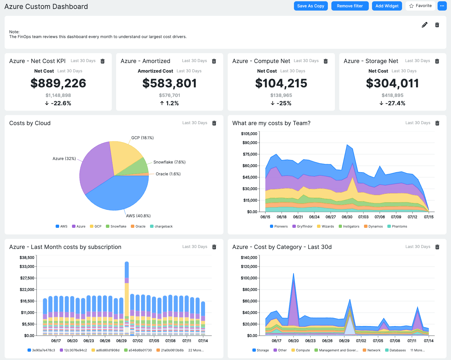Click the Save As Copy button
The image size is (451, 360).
point(311,6)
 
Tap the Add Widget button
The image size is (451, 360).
point(387,6)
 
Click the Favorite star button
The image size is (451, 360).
point(420,6)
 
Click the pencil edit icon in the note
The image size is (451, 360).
point(424,25)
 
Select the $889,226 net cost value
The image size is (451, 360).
point(58,83)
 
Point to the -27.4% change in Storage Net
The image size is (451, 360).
point(392,103)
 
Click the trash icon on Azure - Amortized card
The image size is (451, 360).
point(214,61)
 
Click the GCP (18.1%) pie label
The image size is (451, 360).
point(142,138)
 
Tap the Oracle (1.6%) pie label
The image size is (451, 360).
point(168,174)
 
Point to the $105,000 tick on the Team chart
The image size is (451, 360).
point(249,134)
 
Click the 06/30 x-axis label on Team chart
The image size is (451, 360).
point(347,217)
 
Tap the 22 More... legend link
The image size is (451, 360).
point(196,350)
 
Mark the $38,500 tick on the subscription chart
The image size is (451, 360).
point(27,258)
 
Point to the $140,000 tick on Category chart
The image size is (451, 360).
point(249,258)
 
